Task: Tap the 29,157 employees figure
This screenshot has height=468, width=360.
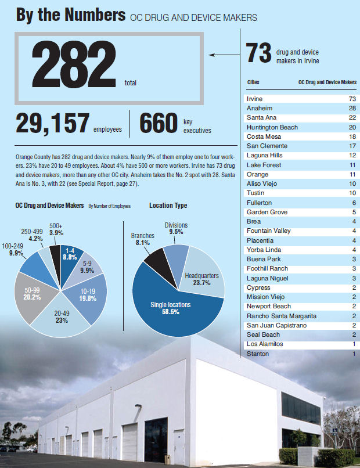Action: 51,123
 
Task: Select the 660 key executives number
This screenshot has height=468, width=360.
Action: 158,123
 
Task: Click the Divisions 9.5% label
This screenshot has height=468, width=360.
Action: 176,228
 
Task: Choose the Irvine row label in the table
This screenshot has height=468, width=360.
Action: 255,99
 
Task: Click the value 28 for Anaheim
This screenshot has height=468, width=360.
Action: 352,109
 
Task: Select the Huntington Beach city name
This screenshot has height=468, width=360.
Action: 272,127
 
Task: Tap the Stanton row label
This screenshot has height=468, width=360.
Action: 258,354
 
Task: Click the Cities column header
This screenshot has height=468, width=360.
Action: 254,82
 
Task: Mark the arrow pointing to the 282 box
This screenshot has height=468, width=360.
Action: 224,55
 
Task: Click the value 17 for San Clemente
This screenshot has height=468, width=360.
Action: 352,146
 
